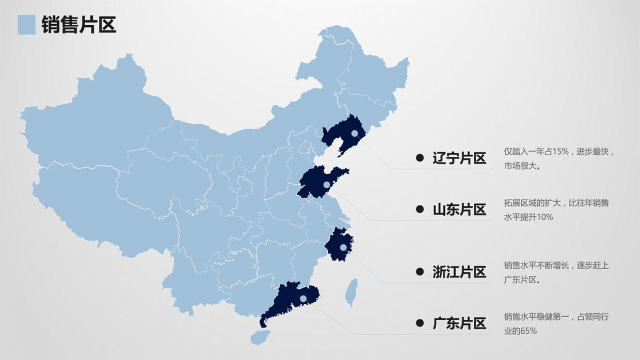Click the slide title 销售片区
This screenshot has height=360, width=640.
(78, 24)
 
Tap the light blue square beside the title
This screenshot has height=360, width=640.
(26, 24)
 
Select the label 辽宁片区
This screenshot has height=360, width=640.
(459, 158)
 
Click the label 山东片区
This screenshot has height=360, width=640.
(459, 209)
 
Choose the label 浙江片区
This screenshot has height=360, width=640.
(459, 272)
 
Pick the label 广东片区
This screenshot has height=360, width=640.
(459, 323)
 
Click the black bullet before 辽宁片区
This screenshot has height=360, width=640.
(420, 158)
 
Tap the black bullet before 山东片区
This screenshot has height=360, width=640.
(420, 209)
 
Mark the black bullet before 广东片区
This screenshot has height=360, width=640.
(420, 323)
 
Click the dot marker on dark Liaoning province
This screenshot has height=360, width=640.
(354, 133)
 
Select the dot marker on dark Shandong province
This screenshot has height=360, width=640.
(326, 185)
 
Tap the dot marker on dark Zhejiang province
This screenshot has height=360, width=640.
(343, 248)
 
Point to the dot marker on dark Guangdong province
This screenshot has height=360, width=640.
(303, 298)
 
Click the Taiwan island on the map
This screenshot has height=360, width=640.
(352, 292)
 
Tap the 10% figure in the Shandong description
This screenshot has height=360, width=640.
(545, 217)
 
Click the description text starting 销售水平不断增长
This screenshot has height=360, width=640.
(556, 272)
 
